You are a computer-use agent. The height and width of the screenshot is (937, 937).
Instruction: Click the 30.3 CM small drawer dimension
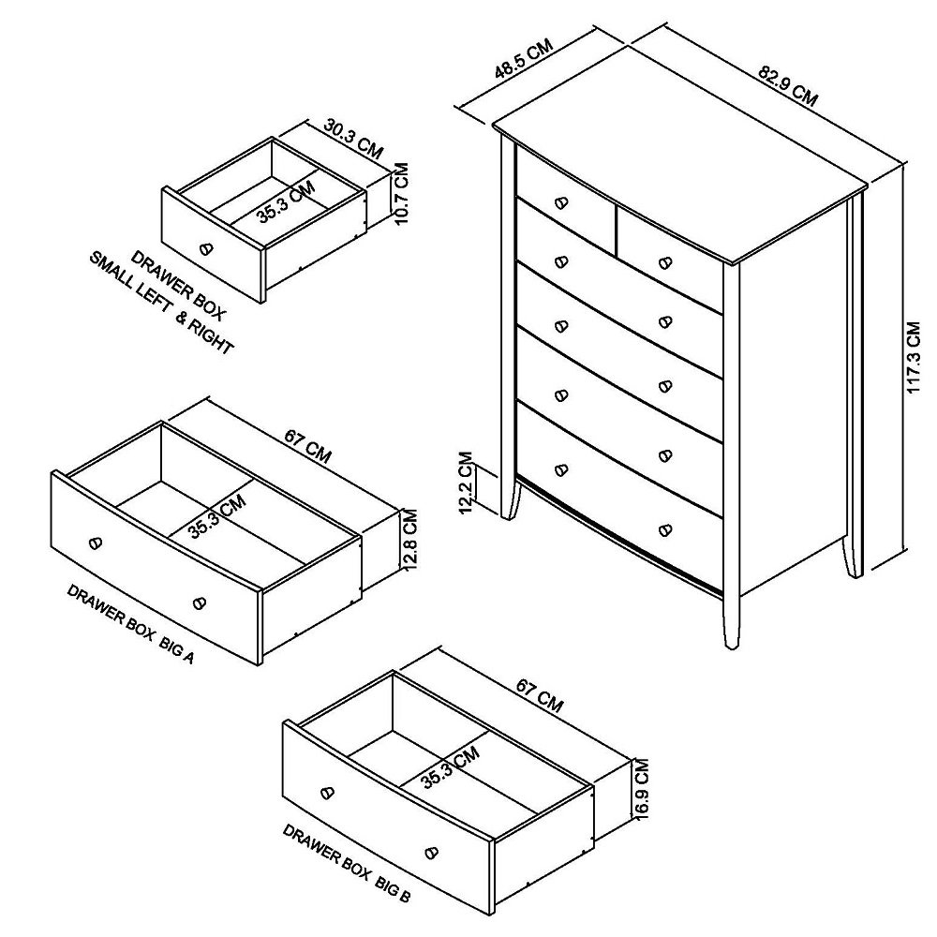[x=354, y=137]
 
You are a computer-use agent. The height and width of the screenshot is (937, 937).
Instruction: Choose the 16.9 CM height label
[x=641, y=790]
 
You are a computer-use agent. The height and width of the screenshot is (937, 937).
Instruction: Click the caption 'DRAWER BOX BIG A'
[x=130, y=624]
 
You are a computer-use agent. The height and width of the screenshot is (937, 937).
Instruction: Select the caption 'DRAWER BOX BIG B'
[x=346, y=863]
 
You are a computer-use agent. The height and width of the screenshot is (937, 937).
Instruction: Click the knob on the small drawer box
[x=206, y=249]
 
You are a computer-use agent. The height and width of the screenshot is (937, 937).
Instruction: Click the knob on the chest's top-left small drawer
[x=561, y=202]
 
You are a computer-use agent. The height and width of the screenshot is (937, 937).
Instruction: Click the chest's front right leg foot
[x=730, y=641]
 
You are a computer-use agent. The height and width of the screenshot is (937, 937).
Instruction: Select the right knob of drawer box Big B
[x=431, y=852]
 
